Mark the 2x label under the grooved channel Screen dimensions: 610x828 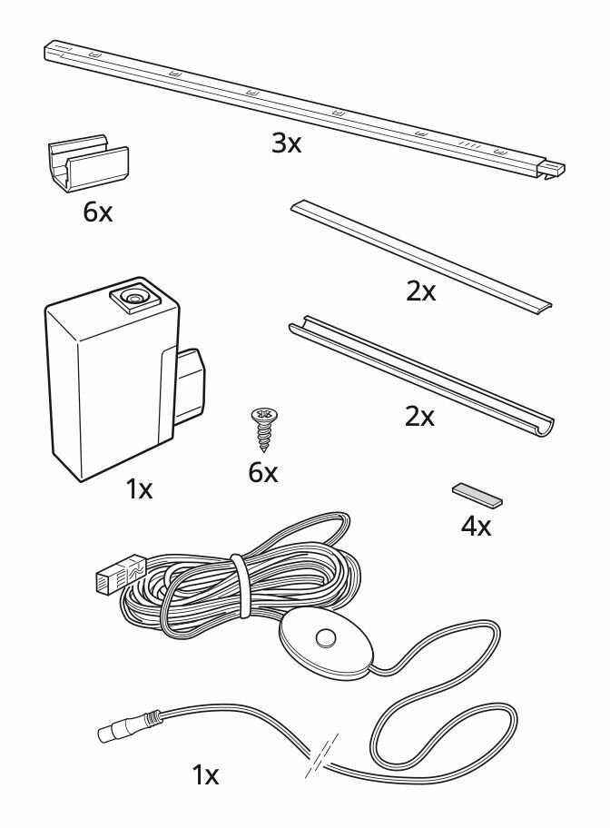pos(419,419)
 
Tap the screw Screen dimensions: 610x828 pos(264,427)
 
